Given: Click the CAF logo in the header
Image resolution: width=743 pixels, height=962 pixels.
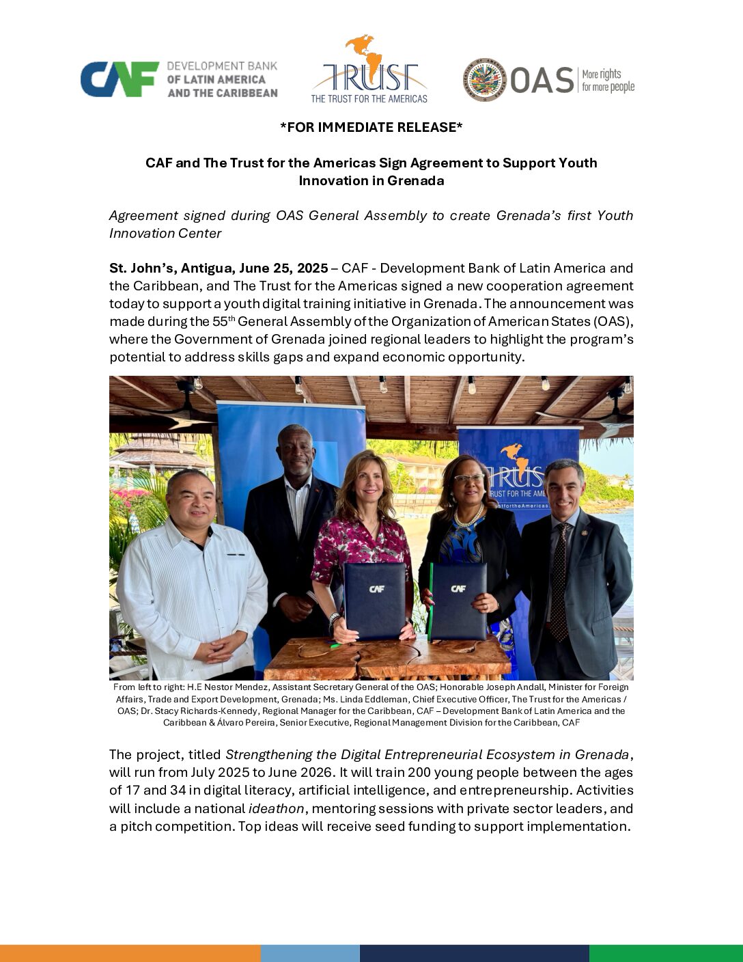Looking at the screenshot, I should pos(120,79).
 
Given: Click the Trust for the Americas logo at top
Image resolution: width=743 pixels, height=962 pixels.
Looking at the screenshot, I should pos(369,70).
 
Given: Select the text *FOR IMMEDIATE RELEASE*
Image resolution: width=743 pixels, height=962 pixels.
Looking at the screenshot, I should pos(371,127).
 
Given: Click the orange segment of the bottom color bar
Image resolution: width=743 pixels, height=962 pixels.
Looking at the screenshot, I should pos(130,953).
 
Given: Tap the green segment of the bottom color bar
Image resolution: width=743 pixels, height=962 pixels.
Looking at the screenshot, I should pos(666,953).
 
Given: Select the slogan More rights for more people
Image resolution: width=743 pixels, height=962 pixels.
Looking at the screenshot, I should pos(608,81).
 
